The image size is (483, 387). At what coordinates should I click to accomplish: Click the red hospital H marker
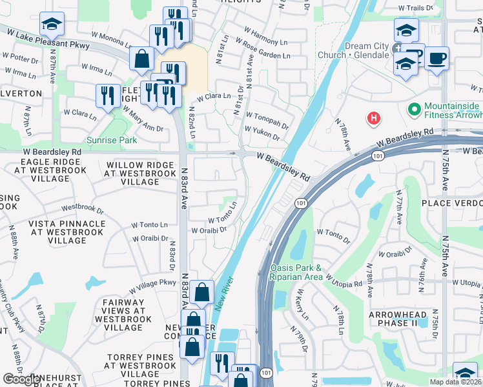point(373,118)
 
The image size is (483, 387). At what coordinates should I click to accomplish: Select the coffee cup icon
point(437,59)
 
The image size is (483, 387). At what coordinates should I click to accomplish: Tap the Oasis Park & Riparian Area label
point(296,272)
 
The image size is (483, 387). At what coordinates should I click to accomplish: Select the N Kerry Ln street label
point(301,308)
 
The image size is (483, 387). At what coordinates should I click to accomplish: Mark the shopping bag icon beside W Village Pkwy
point(202,292)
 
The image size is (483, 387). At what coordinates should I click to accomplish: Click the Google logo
point(21,380)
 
